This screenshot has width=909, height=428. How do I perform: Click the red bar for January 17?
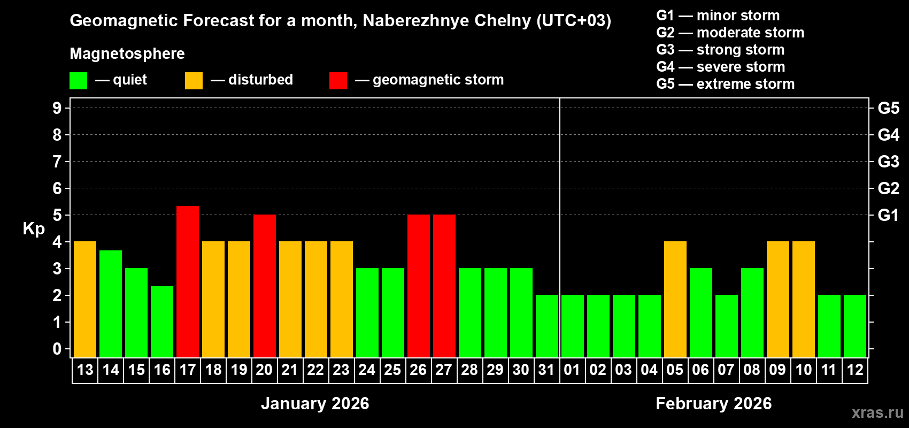click(188, 281)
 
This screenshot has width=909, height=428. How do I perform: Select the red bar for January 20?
click(265, 286)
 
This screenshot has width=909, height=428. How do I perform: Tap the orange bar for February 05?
click(675, 299)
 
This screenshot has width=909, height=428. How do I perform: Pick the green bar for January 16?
click(162, 322)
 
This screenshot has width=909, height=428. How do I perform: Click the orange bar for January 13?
click(85, 299)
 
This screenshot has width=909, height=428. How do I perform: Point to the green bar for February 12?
click(855, 326)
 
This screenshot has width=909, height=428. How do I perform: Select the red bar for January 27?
click(444, 286)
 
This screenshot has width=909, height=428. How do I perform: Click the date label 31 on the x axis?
click(546, 370)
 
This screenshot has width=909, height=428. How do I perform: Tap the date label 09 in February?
click(777, 370)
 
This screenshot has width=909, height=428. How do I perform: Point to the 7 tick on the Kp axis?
click(57, 162)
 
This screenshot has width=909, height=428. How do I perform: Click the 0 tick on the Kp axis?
click(57, 349)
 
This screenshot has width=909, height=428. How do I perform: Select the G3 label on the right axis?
click(888, 162)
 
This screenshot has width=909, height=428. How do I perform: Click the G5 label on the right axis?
click(888, 108)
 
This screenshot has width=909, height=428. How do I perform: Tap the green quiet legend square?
click(79, 81)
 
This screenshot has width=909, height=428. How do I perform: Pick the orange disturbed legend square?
click(194, 81)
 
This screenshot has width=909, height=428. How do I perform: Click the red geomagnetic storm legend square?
click(338, 81)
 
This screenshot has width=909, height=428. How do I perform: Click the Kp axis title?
click(34, 228)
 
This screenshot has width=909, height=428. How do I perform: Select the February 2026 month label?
click(713, 403)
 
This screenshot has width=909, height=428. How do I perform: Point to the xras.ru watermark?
click(877, 412)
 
